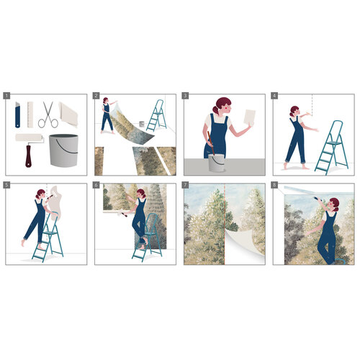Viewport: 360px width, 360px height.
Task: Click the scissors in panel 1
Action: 48,115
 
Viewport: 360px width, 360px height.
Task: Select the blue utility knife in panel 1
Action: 17,114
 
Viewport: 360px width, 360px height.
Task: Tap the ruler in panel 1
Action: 30,114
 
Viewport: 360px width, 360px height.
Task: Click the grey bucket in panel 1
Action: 63,150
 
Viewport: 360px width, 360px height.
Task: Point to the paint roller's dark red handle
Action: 28,156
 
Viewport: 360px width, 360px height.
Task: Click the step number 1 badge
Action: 6,96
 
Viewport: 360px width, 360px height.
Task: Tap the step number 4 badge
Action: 274,96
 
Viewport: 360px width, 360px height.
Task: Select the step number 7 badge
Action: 185,185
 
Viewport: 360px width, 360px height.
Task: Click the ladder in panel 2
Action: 157,116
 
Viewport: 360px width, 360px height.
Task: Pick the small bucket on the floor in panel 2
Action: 142,124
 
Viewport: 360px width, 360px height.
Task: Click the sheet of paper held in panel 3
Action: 250,117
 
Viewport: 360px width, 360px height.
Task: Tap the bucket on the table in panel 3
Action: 216,163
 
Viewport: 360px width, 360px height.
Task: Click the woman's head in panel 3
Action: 222,106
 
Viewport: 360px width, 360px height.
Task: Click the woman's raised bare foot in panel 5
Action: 23,243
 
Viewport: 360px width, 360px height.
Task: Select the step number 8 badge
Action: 274,185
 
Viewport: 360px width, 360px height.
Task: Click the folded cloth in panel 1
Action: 68,114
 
